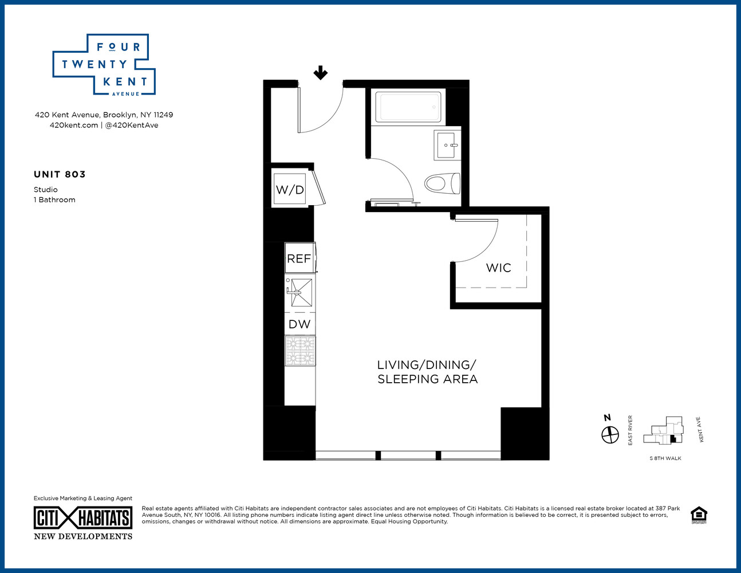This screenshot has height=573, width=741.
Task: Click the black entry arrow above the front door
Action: point(320,73)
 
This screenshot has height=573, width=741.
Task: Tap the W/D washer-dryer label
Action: point(290,190)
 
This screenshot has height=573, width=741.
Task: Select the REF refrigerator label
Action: point(299,258)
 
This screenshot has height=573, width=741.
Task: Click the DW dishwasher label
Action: point(299,324)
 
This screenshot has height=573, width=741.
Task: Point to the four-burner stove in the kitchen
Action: point(300,351)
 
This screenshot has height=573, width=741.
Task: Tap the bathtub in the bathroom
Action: point(408,107)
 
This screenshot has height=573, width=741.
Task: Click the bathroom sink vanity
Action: point(447,145)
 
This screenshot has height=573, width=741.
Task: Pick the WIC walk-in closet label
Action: point(498,268)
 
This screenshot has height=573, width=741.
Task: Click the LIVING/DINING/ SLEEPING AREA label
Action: point(427,372)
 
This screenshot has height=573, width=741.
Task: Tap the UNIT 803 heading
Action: point(60,174)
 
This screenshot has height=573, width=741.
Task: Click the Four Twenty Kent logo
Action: point(104,65)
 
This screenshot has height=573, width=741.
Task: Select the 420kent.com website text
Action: point(74,125)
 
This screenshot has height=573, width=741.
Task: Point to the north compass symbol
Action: point(610,435)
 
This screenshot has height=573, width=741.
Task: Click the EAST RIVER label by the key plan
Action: point(630,430)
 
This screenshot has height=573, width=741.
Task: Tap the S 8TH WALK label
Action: point(665,458)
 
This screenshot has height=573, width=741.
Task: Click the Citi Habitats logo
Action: point(83,518)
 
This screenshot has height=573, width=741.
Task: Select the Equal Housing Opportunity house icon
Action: point(699,515)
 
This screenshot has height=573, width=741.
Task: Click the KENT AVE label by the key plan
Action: point(699,430)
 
